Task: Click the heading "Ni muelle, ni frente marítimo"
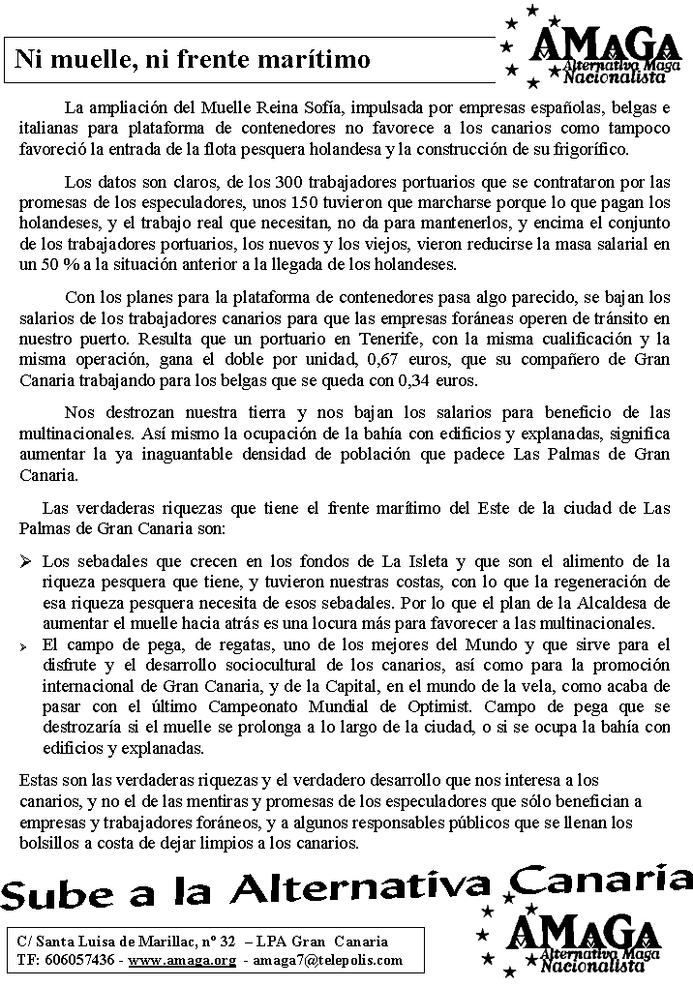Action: [193, 60]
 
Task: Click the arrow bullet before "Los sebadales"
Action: [26, 561]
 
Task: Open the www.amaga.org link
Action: [182, 960]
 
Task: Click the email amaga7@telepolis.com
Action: [328, 960]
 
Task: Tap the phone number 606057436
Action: [78, 960]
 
